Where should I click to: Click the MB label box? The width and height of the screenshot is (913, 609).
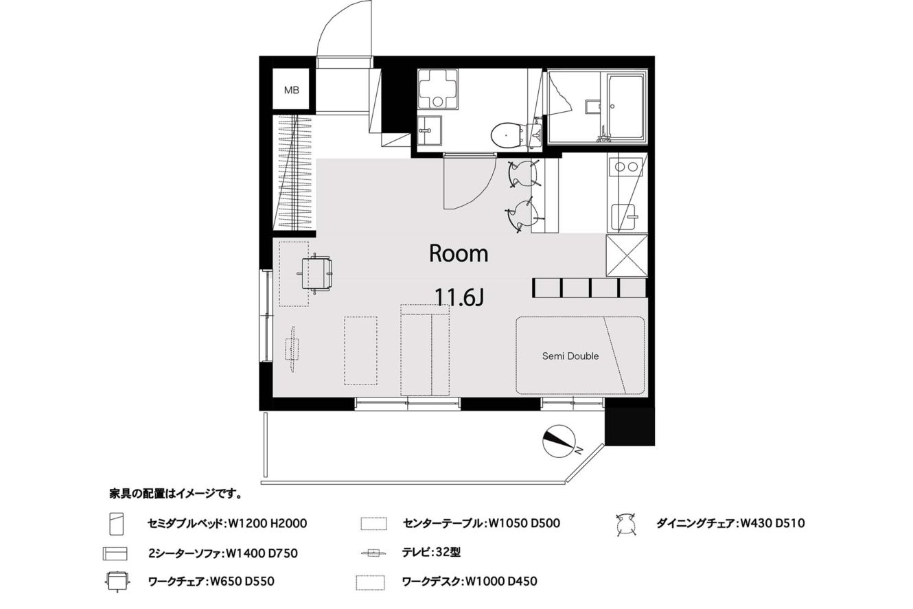291,89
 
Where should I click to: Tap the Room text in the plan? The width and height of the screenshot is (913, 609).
459,253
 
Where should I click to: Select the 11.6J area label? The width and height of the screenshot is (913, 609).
459,297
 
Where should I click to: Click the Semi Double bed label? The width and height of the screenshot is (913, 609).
570,356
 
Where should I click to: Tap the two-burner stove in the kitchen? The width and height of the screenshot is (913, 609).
626,167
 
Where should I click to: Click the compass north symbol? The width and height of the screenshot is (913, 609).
559,441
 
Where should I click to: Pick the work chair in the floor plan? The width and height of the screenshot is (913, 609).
316,273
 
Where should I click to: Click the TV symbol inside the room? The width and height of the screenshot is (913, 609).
292,349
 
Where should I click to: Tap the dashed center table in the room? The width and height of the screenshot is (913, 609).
360,351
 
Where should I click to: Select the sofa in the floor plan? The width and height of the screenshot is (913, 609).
425,349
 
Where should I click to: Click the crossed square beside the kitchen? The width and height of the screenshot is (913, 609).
627,256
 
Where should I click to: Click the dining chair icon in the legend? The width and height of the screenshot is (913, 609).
626,525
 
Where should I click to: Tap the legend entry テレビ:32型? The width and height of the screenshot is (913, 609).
431,552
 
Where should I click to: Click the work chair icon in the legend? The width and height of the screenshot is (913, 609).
117,581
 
